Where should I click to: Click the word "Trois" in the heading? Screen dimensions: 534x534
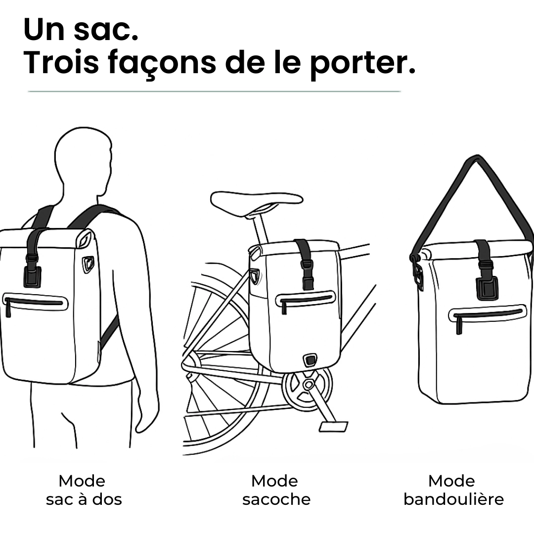61,62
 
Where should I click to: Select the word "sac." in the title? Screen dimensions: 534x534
106,30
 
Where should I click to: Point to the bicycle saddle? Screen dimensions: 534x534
257,203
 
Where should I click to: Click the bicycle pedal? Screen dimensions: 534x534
333,427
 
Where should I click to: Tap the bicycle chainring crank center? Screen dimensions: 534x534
308,385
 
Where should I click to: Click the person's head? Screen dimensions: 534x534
84,160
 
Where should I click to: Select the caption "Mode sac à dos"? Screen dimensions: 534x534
84,490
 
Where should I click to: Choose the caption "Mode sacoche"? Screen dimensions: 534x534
276,490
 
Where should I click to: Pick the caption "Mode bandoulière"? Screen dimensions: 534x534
453,490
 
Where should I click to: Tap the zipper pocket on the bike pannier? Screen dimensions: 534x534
306,299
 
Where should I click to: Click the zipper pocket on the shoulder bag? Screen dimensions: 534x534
488,316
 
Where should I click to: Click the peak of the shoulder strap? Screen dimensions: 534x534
477,157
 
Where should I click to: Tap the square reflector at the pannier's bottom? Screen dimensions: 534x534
310,359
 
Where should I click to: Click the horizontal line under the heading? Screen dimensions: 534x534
214,91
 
